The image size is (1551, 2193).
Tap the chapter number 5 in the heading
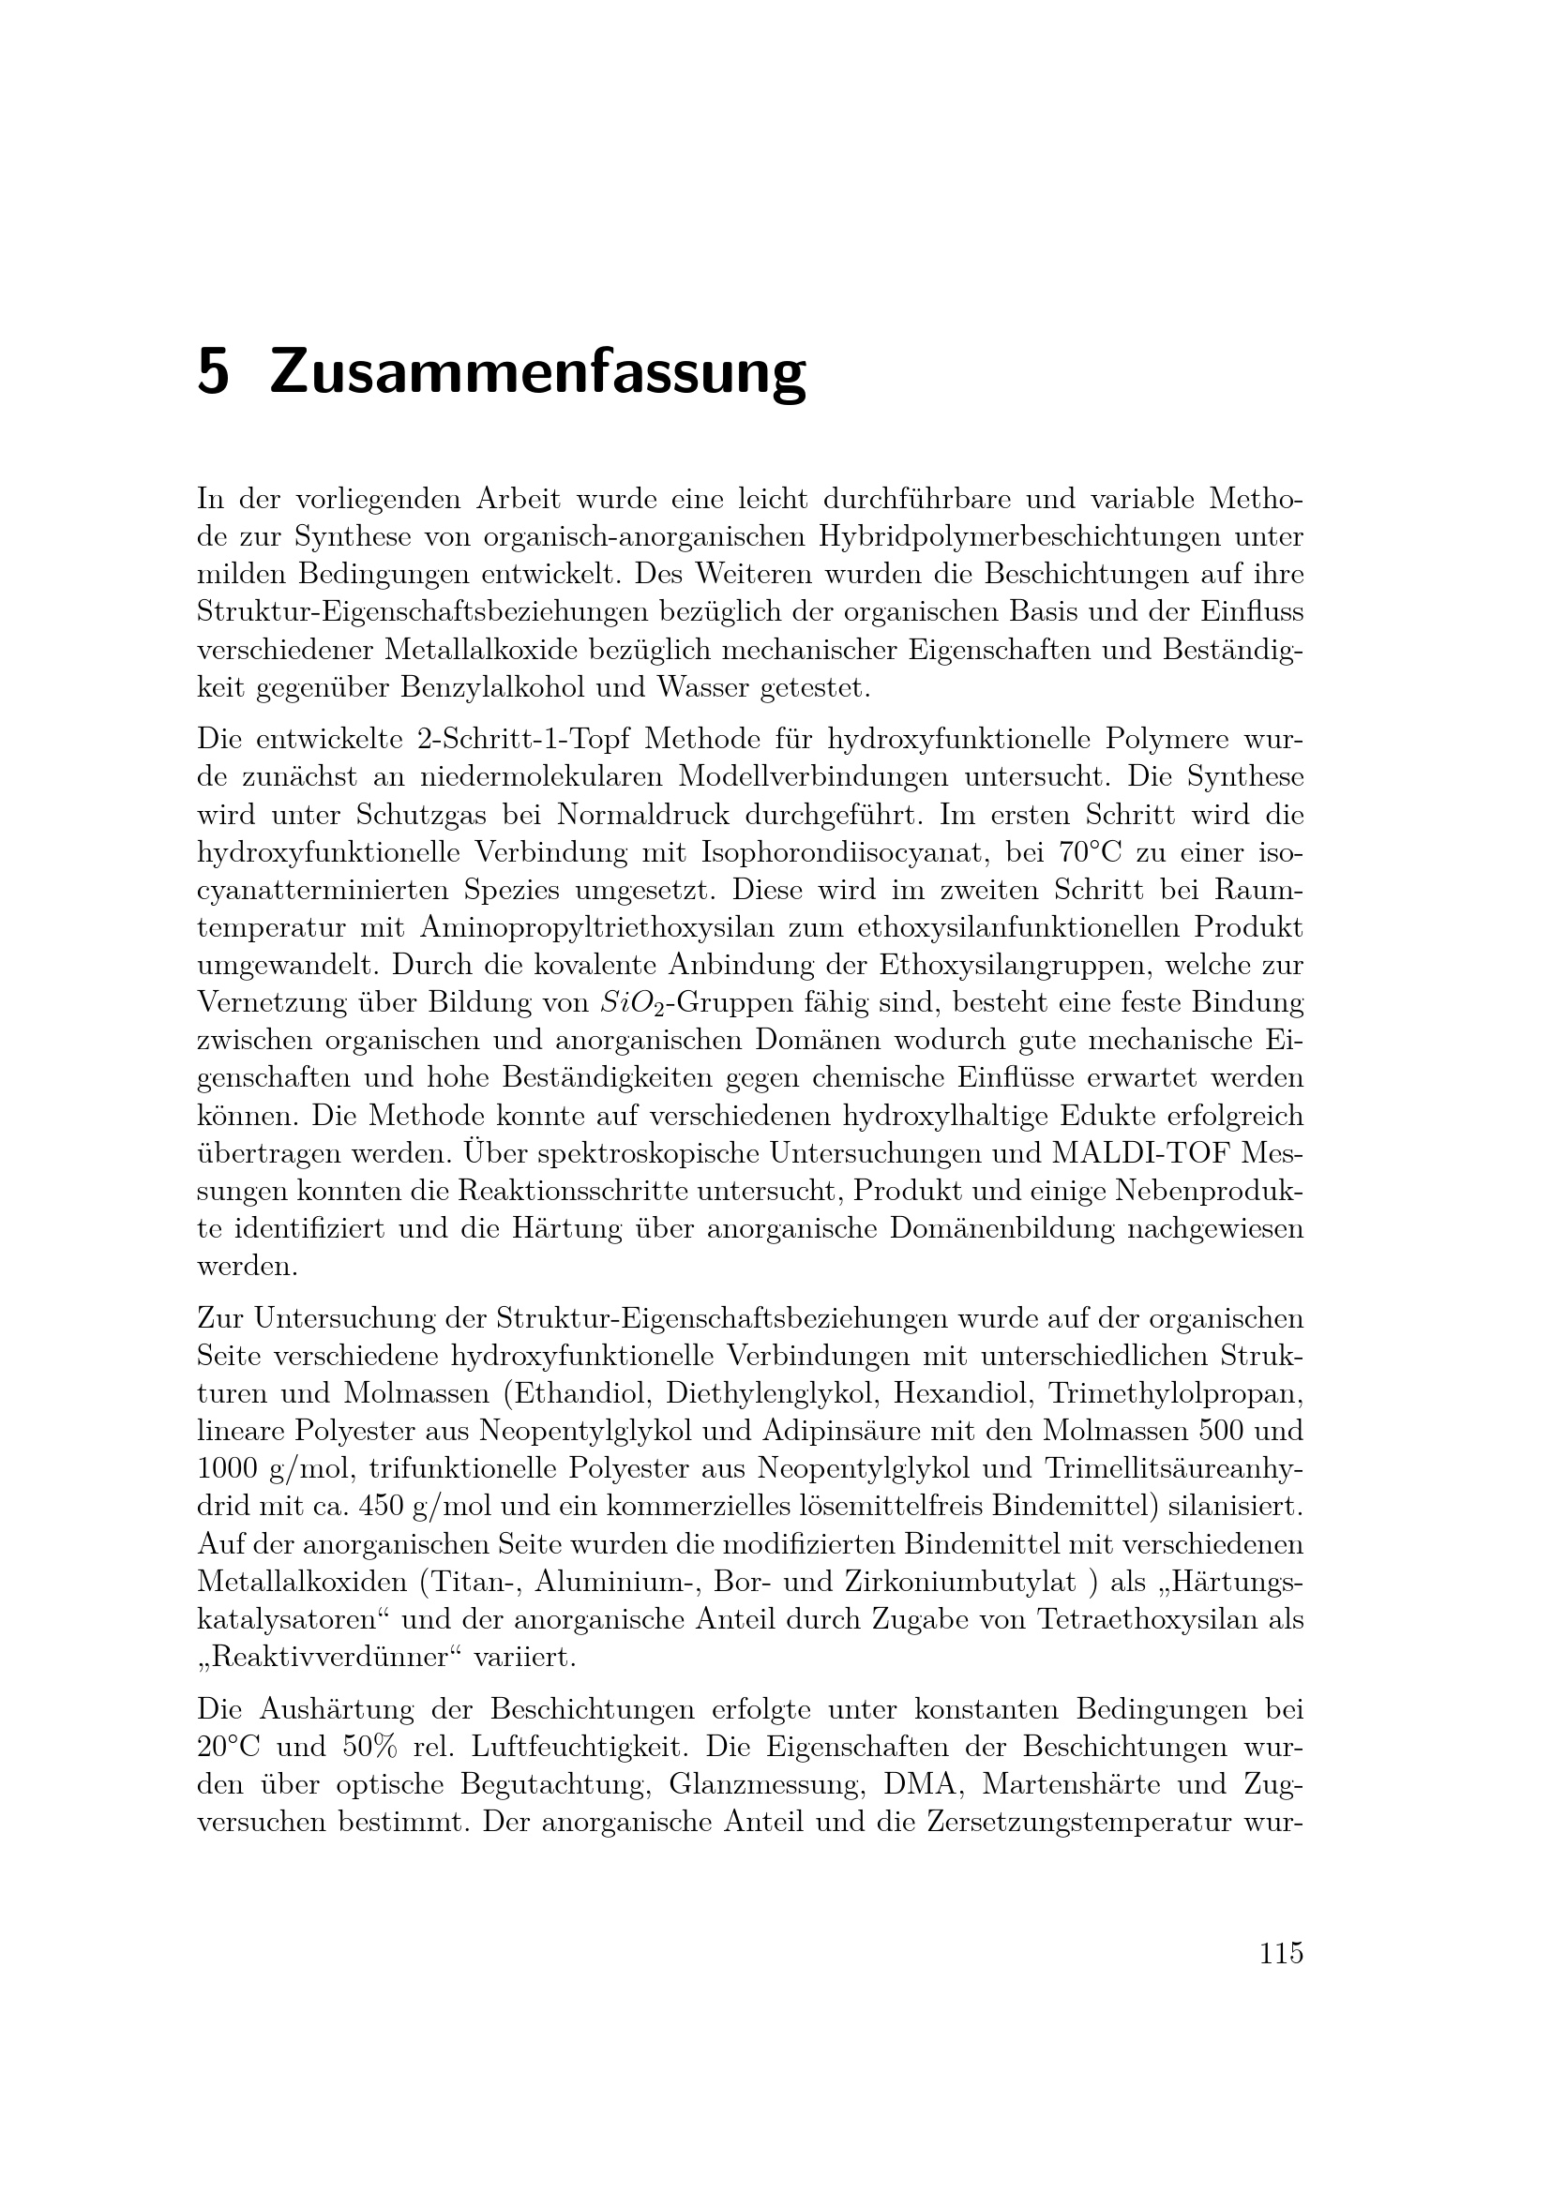coord(213,372)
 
